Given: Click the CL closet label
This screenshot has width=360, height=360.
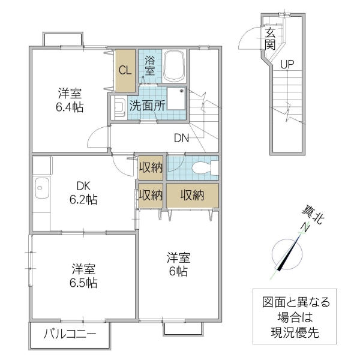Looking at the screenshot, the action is point(125,70).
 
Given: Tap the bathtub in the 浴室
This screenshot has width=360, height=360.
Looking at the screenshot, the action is point(174,67).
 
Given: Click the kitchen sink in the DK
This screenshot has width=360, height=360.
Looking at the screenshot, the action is point(42,188).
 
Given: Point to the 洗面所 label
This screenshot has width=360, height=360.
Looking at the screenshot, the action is point(147,106).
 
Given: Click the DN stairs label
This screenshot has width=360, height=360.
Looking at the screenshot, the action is point(181,138).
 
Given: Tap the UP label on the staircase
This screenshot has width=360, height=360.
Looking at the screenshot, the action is point(287,65).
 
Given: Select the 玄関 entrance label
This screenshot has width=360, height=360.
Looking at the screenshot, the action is point(270,40).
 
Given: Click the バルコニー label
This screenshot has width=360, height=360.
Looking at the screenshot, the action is point(70,334).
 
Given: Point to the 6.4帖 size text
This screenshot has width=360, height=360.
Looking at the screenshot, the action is point(70,107).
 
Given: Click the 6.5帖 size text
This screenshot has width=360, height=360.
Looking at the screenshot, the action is point(83,283).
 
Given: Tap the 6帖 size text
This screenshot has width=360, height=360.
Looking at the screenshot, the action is point(178,271).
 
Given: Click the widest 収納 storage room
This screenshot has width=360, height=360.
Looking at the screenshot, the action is point(193,196).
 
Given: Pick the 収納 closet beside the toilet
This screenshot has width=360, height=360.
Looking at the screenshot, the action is point(151,168).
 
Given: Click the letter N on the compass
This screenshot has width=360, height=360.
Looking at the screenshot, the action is point(305,227).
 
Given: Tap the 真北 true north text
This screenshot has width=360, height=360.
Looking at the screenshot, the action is point(313,215).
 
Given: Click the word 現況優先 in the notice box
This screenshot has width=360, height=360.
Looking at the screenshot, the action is point(295,332).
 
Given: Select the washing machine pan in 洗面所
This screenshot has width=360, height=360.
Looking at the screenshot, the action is point(176,99).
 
